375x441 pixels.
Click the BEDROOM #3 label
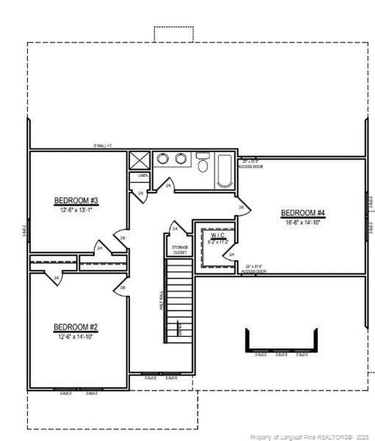(76, 201)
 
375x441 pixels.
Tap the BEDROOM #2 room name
(76, 327)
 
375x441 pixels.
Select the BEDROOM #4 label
(303, 213)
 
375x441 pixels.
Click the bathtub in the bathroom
(224, 170)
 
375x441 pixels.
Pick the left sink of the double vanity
(162, 159)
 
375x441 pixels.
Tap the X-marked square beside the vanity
(139, 160)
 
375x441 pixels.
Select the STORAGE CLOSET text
(180, 249)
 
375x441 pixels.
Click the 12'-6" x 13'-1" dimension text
(76, 210)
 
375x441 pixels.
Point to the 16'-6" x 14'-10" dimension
(303, 222)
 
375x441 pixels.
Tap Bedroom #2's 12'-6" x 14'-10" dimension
(76, 337)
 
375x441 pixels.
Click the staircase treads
(179, 301)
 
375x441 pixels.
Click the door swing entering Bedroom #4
(240, 207)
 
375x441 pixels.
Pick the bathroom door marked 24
(167, 186)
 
